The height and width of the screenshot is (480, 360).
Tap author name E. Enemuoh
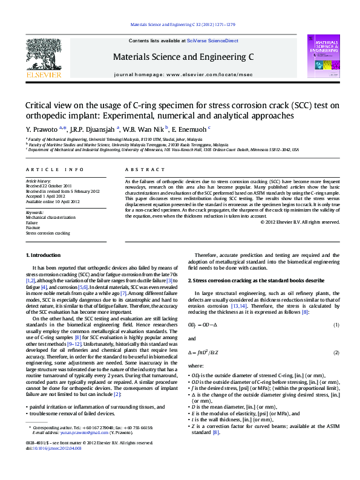point(192,128)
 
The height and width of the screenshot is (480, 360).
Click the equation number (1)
point(336,326)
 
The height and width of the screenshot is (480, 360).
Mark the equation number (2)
point(336,352)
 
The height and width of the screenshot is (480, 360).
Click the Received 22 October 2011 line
point(48,186)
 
